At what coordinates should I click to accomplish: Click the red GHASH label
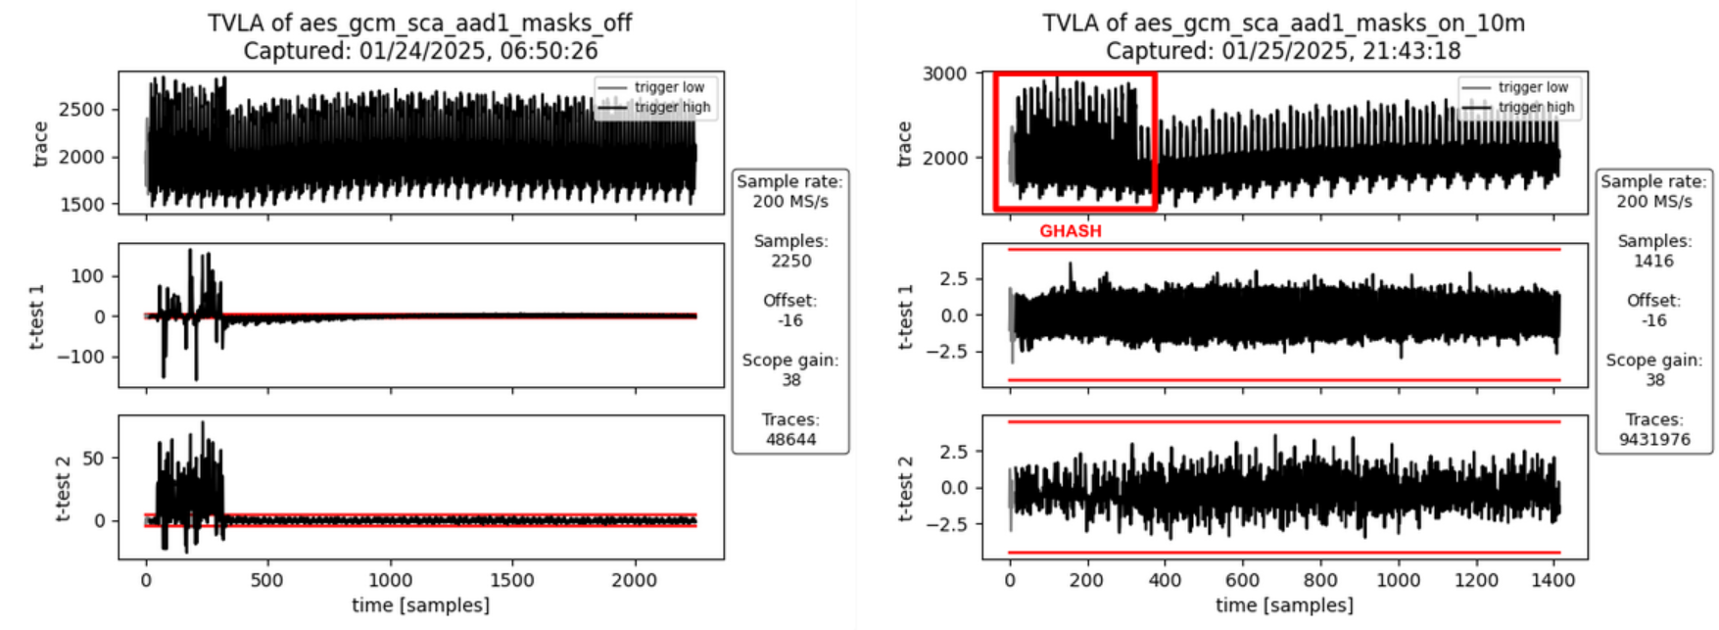(1070, 231)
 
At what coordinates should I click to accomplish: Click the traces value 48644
(790, 440)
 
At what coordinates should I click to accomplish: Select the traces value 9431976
(1654, 440)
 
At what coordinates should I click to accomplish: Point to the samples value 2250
(790, 262)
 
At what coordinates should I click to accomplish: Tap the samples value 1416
(1654, 262)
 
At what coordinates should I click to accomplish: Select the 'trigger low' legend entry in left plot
(669, 87)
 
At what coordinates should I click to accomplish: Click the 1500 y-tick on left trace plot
(82, 205)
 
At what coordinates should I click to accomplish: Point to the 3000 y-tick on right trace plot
(944, 73)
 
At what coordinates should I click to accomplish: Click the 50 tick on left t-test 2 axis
(93, 459)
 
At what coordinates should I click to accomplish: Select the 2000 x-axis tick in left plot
(634, 580)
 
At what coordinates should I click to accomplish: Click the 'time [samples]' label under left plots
(420, 606)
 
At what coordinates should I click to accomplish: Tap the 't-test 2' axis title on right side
(906, 488)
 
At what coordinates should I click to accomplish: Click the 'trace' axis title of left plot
(41, 144)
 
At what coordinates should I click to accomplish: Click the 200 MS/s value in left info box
(790, 202)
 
